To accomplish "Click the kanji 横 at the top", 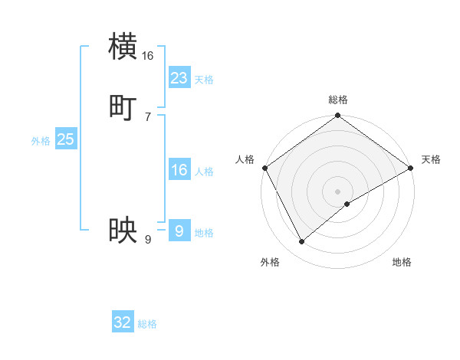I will (x=123, y=46).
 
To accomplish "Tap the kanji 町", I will (x=123, y=108).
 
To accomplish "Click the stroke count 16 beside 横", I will (x=148, y=55).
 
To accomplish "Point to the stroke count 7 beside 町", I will (x=148, y=116).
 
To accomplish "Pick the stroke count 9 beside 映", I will (x=148, y=239).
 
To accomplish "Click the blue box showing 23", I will (x=179, y=77).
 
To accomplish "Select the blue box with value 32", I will (x=123, y=322).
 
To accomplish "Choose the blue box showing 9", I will (x=179, y=231).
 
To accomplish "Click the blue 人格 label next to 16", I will (x=204, y=172).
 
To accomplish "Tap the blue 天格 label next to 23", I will (x=204, y=80).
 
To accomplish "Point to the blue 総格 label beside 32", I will (x=147, y=325).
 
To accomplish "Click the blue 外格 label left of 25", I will (x=41, y=141).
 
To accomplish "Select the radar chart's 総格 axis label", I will (x=337, y=100).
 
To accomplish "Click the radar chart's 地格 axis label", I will (x=402, y=262).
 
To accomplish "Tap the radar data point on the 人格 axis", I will (x=264, y=168).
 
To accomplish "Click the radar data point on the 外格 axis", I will (x=301, y=242).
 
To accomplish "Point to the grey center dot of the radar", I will (x=337, y=191).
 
